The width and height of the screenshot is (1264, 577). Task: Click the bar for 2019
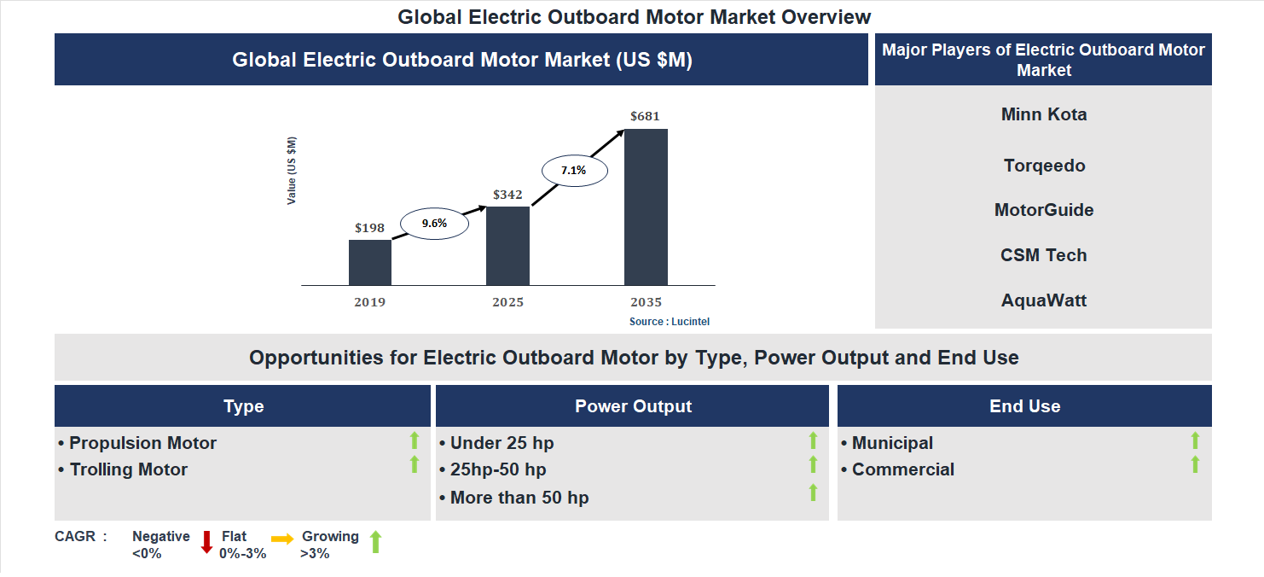369,262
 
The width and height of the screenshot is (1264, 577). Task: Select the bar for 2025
507,246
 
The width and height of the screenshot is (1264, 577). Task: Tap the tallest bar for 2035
646,207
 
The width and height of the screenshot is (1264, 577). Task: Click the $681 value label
645,116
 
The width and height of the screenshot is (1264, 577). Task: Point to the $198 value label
370,228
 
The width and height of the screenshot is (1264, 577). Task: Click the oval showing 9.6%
434,224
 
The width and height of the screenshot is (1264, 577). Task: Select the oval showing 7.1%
573,170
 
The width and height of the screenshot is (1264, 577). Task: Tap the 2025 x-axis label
507,302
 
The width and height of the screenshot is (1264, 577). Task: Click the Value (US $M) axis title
292,171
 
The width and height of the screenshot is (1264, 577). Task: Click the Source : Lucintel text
670,322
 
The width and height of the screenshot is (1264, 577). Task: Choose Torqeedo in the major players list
1044,166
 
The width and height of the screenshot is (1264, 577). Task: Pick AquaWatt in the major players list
1044,300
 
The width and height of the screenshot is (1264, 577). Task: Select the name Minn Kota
1044,114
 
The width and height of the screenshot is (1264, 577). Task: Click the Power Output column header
633,406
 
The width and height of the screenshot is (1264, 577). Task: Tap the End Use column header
1024,406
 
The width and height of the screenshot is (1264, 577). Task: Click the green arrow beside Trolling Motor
415,464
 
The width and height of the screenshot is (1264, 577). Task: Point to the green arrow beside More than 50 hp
813,492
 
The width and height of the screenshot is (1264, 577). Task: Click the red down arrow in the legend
206,542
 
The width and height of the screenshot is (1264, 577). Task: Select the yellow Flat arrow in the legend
282,539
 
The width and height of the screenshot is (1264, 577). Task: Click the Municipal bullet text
891,443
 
